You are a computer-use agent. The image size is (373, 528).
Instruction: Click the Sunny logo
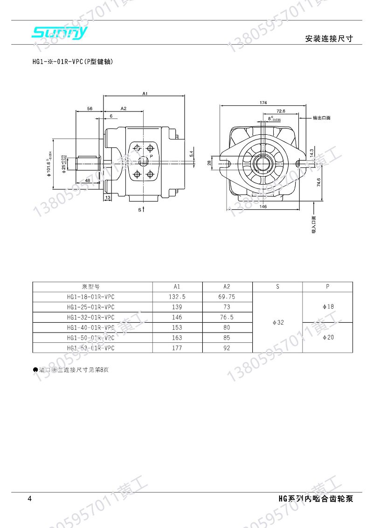59,32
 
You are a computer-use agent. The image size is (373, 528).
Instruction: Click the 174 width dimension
263,102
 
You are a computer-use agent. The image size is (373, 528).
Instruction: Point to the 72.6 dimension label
281,111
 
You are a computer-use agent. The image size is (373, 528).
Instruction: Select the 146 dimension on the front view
263,207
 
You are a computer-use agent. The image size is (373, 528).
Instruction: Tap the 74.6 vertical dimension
319,182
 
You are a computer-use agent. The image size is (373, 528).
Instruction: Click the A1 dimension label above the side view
145,94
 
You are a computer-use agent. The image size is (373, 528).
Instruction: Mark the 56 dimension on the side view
90,108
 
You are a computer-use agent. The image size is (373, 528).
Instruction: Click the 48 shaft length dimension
88,181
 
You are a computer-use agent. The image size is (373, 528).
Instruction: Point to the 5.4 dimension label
191,153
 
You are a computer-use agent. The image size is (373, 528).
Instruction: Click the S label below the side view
139,210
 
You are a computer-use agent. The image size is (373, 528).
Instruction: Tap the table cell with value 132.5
177,297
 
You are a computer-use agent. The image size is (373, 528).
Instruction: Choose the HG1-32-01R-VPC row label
90,317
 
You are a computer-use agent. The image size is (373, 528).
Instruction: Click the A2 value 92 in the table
227,347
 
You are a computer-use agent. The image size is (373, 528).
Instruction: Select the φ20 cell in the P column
328,337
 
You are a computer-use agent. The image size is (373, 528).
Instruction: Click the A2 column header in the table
227,286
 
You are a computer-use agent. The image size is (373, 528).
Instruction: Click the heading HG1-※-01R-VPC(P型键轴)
72,62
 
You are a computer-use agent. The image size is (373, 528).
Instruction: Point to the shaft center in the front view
263,164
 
